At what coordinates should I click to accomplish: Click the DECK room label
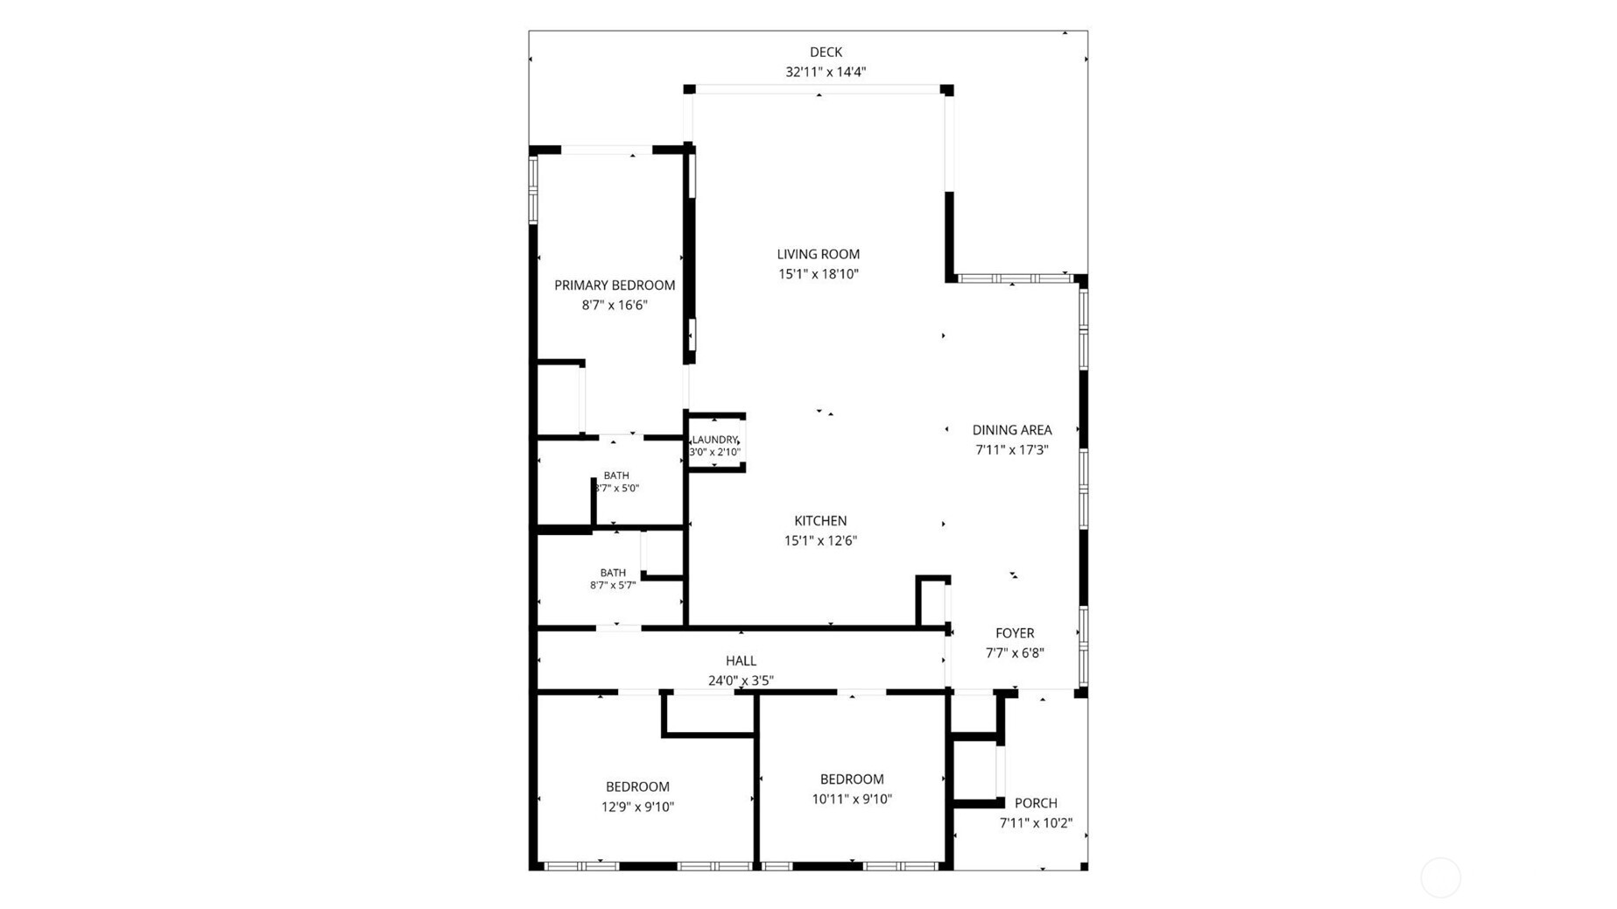pos(826,53)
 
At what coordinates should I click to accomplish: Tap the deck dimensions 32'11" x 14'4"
pos(826,72)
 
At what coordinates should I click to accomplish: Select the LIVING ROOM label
pos(819,254)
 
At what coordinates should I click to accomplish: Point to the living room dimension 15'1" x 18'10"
pos(819,274)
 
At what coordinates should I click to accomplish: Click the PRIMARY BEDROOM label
pos(615,285)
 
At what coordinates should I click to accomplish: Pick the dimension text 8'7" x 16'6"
pos(615,305)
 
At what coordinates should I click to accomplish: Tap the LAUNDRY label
pos(715,440)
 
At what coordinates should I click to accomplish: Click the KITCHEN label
pos(820,521)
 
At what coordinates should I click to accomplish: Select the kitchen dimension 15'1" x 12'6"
pos(820,540)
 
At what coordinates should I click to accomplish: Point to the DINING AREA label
pos(1012,430)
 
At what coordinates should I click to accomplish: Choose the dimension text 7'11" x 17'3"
pos(1012,450)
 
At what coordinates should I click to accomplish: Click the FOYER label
pos(1015,633)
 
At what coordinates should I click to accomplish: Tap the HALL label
pos(741,661)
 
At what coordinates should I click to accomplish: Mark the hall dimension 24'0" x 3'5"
pos(741,680)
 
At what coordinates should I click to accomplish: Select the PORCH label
pos(1036,803)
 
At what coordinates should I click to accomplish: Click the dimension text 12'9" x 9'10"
pos(637,807)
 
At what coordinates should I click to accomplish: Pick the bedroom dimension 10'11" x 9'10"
pos(852,799)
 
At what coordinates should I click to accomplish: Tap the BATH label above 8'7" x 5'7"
pos(613,573)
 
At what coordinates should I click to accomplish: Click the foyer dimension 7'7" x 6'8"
pos(1015,652)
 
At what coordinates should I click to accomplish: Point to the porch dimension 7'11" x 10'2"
pos(1036,823)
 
